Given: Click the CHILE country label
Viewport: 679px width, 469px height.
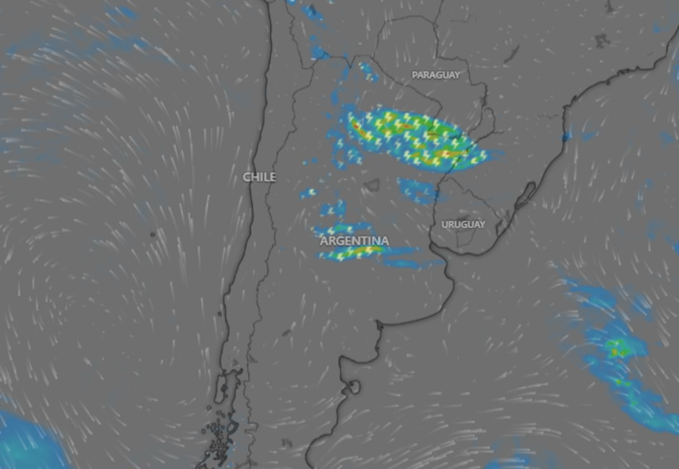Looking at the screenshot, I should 259,177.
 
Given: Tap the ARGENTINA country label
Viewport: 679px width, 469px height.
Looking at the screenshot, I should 354,241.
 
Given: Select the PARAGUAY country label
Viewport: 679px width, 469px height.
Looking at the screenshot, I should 435,75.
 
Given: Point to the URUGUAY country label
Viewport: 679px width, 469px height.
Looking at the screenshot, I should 463,224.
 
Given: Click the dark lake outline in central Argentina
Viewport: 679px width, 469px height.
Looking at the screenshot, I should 371,185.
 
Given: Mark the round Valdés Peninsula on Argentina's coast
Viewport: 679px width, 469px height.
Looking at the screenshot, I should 352,387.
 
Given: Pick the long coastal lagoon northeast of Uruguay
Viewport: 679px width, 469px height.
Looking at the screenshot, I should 525,195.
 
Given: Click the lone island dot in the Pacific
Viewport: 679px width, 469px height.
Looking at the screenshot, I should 153,234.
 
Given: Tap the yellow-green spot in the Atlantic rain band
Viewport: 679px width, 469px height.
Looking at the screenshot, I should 616,348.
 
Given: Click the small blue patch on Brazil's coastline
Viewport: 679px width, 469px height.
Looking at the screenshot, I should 566,136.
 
